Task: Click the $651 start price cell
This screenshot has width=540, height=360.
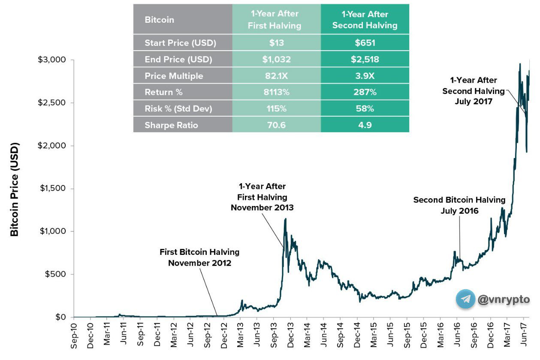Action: [365, 43]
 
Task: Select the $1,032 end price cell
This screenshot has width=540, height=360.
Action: [276, 60]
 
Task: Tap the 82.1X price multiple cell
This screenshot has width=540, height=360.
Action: [276, 76]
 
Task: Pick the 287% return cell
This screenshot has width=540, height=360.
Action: [365, 92]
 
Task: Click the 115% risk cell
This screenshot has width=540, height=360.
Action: [276, 109]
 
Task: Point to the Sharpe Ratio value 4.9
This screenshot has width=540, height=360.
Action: [365, 125]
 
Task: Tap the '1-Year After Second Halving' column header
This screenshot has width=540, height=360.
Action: [365, 20]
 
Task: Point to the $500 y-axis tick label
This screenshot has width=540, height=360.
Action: [57, 275]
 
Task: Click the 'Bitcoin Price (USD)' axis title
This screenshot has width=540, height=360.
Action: [15, 189]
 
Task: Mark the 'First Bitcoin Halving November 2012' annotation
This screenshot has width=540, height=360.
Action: [199, 257]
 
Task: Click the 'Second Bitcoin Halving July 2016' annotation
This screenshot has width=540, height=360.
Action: [459, 206]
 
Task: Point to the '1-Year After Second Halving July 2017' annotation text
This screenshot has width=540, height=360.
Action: [474, 91]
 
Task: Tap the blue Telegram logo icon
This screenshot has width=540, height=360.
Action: [465, 299]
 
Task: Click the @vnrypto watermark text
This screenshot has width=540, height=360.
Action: [504, 299]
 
